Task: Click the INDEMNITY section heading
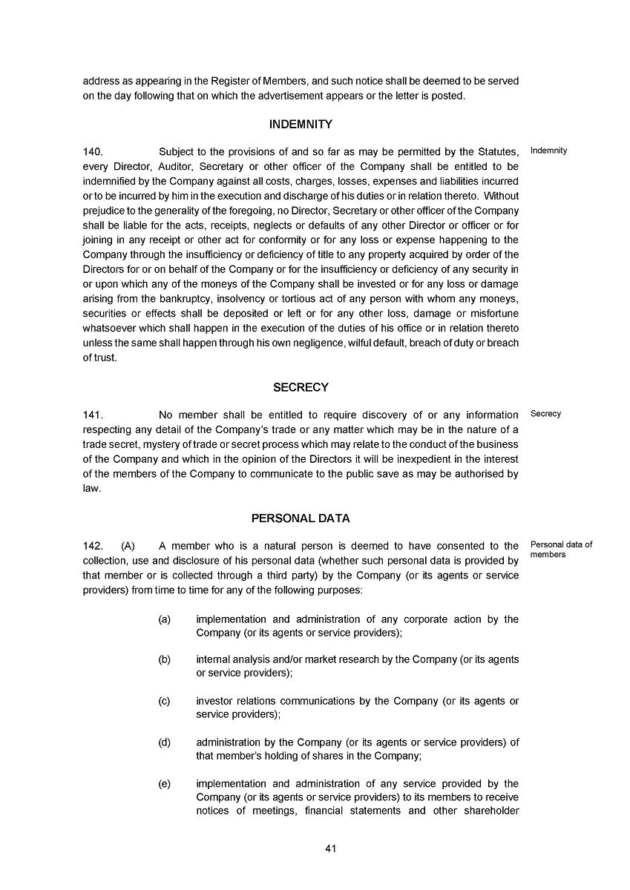[301, 125]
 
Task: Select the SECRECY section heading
[301, 387]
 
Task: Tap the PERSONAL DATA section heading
[301, 518]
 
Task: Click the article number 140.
[93, 152]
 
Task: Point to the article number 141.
[93, 415]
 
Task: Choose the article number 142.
[93, 546]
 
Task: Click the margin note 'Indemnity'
[549, 151]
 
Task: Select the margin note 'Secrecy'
[546, 414]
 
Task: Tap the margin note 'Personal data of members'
[562, 550]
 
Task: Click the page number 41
[331, 848]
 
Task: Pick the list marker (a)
[165, 619]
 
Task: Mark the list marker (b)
[165, 659]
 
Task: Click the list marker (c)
[165, 701]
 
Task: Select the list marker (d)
[165, 742]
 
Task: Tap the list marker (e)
[165, 783]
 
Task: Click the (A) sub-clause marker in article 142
[128, 546]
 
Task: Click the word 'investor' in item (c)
[214, 701]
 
